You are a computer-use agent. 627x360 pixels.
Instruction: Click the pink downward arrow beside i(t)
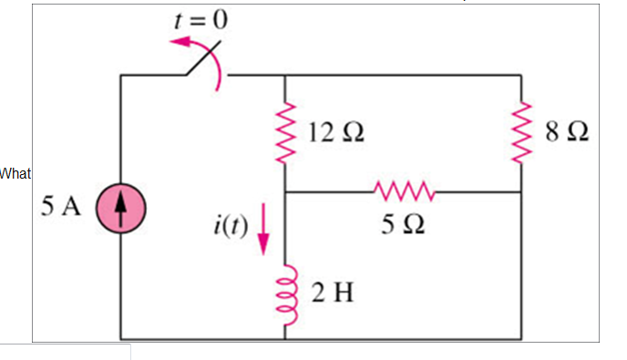tap(264, 229)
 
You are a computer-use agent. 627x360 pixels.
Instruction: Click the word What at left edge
tap(15, 172)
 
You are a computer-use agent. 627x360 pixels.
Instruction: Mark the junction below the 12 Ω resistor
tap(286, 192)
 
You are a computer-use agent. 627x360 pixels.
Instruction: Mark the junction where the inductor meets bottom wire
tap(286, 337)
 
